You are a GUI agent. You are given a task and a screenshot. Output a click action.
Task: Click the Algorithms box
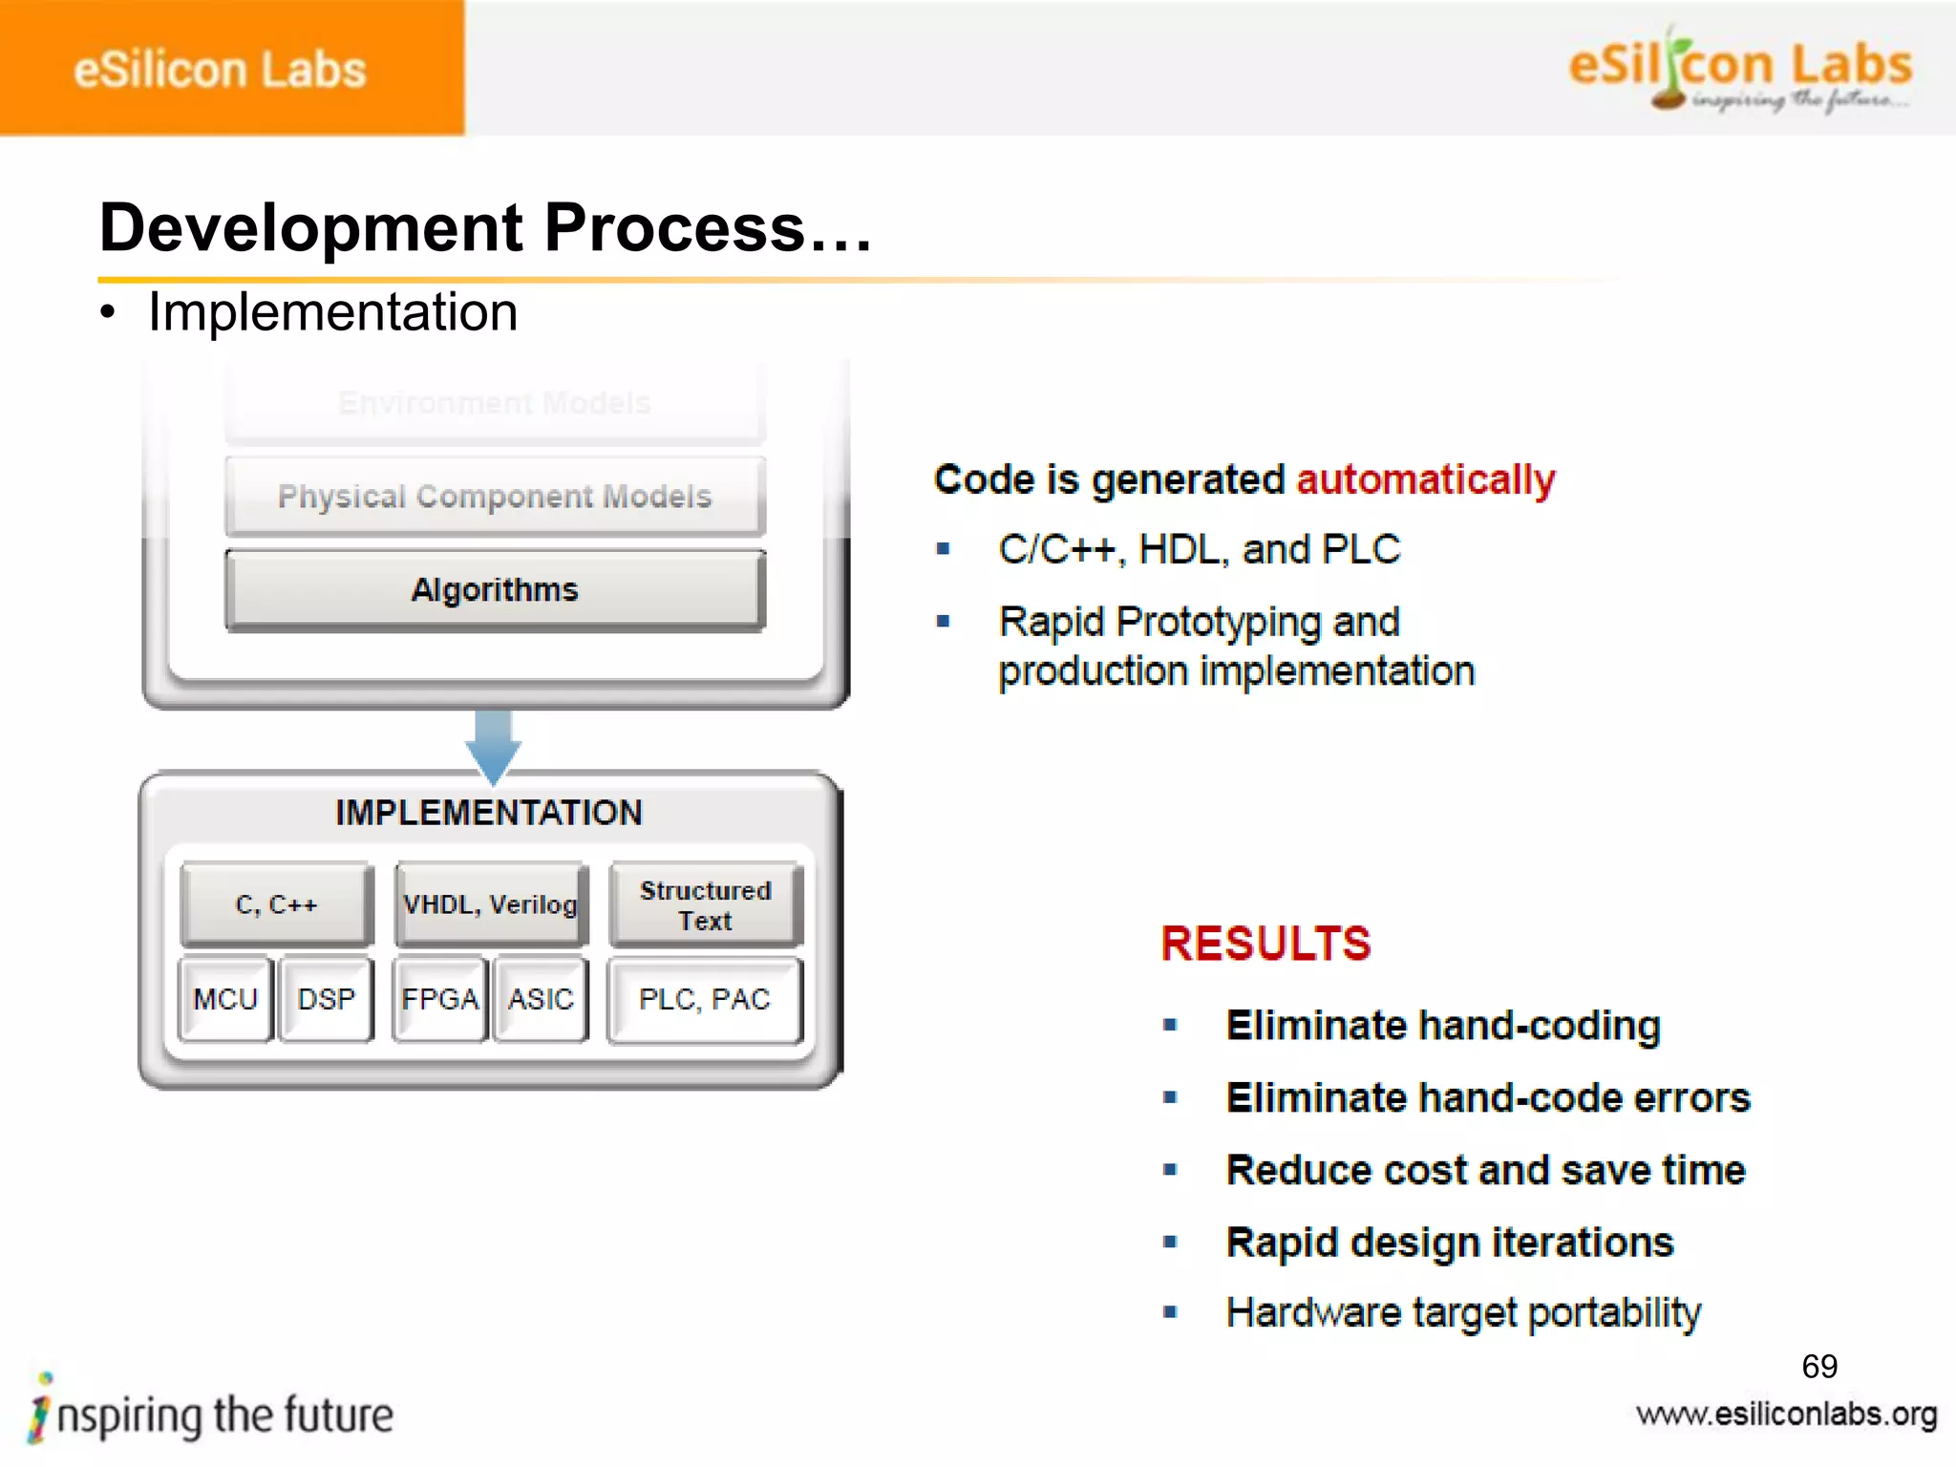coord(495,590)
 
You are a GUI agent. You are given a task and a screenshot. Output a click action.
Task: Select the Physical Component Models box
coord(495,497)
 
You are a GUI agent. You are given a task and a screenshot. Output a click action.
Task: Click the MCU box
coord(225,999)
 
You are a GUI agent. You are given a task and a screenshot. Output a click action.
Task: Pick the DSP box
coord(326,999)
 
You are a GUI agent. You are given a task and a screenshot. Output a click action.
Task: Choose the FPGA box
coord(439,999)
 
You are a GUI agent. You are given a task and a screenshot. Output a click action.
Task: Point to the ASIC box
coord(541,999)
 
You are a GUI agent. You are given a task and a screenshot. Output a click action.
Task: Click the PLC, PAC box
coord(705,999)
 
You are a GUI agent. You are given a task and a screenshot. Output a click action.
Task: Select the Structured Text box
coord(705,904)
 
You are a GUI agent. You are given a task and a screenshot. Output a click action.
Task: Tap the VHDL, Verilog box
coord(490,904)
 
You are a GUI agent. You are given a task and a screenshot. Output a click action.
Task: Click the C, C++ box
coord(276,904)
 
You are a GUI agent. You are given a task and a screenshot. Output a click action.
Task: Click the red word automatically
coord(1426,479)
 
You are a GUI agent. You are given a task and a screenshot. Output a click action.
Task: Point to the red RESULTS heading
coord(1265,944)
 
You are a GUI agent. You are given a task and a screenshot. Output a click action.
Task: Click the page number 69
coord(1819,1367)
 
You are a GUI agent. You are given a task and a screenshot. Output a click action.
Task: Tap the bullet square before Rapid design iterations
coord(1170,1242)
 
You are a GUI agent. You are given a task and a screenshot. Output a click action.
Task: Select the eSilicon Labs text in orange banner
coord(220,71)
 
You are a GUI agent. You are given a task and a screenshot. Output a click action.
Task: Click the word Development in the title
coord(311,229)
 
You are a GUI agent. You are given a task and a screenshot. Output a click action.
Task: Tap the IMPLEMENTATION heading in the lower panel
coord(489,813)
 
